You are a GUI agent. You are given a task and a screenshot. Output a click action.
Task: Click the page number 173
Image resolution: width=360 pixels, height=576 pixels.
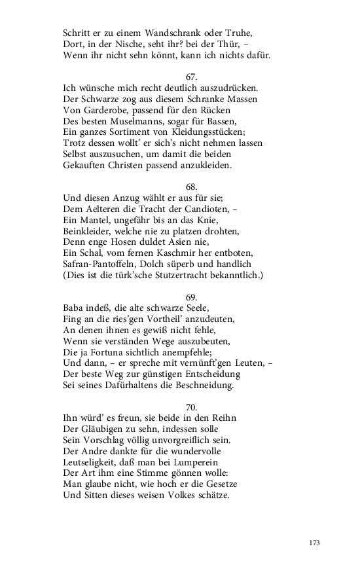pos(314,543)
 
